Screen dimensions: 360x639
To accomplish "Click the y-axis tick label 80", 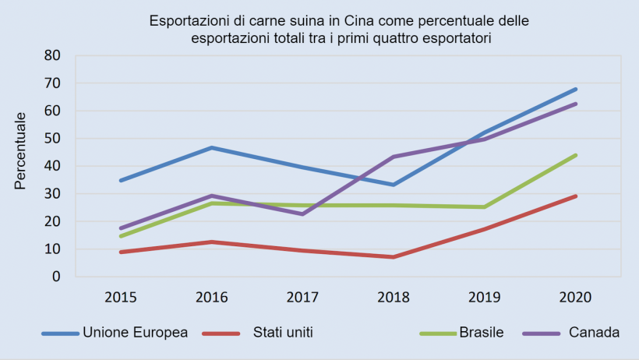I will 52,55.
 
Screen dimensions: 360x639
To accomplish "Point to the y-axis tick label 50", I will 52,139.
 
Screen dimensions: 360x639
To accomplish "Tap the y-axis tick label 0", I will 56,277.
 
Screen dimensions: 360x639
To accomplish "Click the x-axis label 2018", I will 394,297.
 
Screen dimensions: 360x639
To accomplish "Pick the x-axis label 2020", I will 576,297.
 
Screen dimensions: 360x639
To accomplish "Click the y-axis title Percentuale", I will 21,150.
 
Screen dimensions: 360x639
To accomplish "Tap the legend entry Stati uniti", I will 283,333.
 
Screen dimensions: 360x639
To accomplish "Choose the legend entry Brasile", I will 480,333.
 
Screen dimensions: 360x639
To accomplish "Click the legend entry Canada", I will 594,333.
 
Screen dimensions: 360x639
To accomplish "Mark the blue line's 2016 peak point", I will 211,147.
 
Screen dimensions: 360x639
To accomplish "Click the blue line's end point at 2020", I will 576,89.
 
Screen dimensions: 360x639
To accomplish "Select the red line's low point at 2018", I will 394,257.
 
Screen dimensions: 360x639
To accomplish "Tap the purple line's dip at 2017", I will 302,214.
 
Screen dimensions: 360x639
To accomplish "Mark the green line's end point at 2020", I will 576,155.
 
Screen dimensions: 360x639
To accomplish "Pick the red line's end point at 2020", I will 576,196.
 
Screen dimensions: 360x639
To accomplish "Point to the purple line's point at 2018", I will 394,157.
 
